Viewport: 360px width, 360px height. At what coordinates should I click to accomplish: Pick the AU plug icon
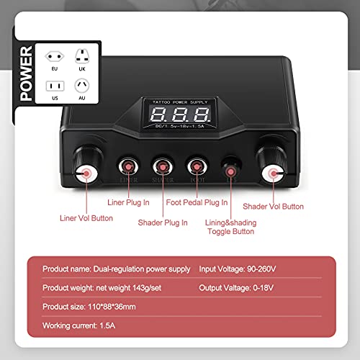pos(81,85)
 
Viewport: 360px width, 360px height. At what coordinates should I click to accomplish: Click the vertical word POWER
pos(24,73)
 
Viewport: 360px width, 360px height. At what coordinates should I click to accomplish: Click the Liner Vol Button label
pos(86,217)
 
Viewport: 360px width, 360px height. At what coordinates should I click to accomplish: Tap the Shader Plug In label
pos(163,222)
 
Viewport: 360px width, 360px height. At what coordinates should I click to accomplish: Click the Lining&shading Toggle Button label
pos(230,228)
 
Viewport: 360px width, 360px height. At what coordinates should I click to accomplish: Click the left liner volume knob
pos(86,172)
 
